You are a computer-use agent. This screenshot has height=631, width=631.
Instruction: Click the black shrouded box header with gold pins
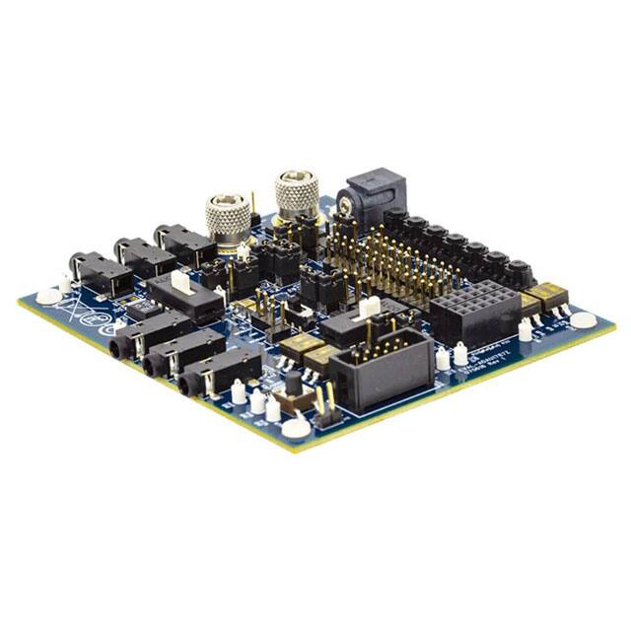(380, 365)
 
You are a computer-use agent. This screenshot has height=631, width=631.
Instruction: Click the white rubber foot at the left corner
(48, 295)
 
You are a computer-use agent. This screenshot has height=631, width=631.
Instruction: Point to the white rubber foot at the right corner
(584, 319)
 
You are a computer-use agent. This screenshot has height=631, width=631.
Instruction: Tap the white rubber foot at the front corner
(295, 427)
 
